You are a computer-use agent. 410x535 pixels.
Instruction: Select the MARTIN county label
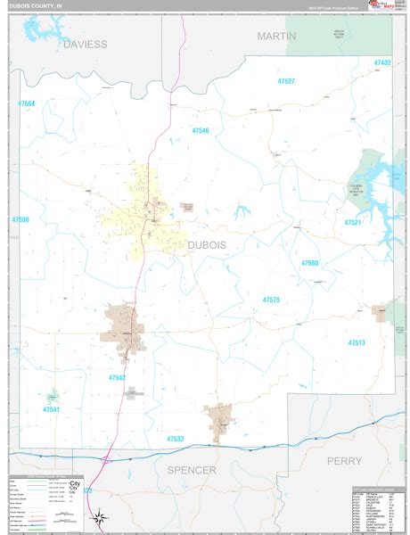277,36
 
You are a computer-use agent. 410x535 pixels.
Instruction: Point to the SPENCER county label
192,470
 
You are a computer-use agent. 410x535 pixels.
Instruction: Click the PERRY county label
343,461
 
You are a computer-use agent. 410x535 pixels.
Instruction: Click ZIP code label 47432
382,63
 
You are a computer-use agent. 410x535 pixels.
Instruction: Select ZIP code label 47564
26,104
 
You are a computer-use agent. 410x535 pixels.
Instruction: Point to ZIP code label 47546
200,131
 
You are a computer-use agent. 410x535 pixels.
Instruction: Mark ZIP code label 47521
354,222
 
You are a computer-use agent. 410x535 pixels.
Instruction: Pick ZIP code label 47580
309,263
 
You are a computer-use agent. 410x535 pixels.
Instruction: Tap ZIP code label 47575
271,300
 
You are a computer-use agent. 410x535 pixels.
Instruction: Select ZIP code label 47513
357,342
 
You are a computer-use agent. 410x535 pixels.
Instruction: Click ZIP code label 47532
175,439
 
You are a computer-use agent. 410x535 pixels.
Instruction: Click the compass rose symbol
102,515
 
